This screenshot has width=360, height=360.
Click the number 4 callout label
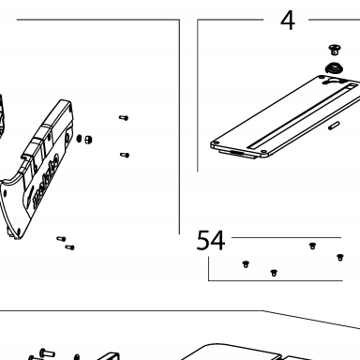coord(288,21)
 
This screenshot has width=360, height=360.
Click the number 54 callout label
coord(211,240)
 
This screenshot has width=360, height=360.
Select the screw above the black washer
coord(335,50)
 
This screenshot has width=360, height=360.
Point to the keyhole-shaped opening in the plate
coord(332,82)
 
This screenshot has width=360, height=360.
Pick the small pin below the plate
coord(334,126)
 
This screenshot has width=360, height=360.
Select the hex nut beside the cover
coord(88,139)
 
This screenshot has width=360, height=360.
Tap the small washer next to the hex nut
coord(79,138)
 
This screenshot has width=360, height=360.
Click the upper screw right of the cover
coord(124,118)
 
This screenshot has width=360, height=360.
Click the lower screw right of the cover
coord(125,155)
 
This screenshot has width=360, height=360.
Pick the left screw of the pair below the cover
coord(61,239)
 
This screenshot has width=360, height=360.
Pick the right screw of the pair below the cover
coord(69,247)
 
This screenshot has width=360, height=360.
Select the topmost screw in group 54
coord(312,246)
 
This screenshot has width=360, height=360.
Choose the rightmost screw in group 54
coord(340,257)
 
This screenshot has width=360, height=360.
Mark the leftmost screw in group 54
coord(246,264)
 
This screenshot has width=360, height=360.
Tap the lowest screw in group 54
coord(274,273)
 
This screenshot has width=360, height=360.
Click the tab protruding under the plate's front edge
coord(238,154)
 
